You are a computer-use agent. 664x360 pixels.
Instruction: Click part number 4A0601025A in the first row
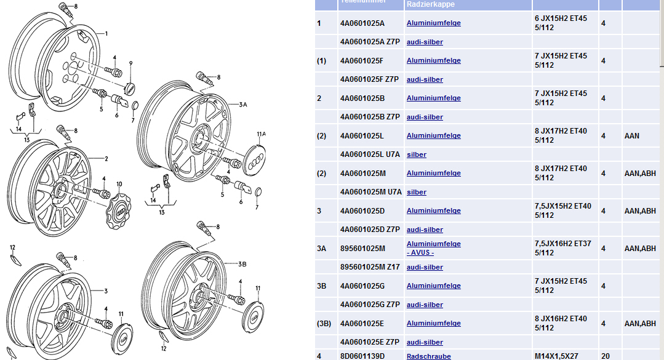click(x=362, y=23)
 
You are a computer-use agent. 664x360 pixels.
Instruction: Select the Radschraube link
click(x=428, y=356)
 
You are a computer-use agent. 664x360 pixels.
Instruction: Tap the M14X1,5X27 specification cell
click(x=556, y=356)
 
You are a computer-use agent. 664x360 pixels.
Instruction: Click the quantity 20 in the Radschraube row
click(x=605, y=356)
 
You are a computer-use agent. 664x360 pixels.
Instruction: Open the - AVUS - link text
click(x=422, y=253)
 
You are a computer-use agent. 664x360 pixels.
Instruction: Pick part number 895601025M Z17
click(x=369, y=267)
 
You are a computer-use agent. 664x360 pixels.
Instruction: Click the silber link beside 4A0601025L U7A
click(x=417, y=154)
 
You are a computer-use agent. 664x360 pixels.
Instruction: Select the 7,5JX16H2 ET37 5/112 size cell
click(x=562, y=249)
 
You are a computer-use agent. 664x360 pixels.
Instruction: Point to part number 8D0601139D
click(x=362, y=356)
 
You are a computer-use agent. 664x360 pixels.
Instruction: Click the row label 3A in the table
click(x=322, y=249)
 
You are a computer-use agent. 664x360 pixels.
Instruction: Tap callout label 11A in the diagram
click(x=261, y=134)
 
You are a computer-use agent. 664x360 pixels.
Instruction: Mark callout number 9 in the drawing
click(x=130, y=63)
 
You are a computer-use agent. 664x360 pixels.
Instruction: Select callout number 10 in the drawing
click(x=119, y=183)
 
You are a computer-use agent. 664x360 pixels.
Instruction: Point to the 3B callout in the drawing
click(x=242, y=264)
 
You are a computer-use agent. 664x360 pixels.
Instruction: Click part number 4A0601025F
click(x=362, y=61)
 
